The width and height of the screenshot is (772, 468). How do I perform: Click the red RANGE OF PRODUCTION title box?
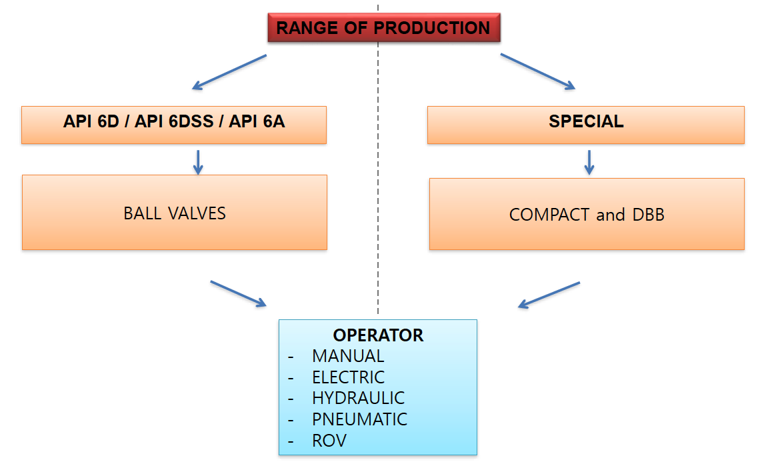tap(384, 27)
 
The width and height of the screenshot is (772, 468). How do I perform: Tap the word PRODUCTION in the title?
tap(432, 28)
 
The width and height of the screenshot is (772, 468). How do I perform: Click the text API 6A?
tap(257, 121)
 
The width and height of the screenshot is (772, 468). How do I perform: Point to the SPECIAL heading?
tap(586, 121)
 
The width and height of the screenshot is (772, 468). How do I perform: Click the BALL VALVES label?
tap(174, 213)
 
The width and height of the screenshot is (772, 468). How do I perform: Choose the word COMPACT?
tap(549, 215)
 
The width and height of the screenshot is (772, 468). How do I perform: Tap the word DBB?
tap(649, 215)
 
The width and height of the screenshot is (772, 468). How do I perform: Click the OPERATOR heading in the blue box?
tap(378, 335)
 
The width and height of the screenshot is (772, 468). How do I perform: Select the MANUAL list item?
tap(348, 356)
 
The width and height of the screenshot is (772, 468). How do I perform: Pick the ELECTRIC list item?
tap(348, 377)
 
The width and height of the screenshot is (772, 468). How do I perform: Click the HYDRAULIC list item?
tap(358, 397)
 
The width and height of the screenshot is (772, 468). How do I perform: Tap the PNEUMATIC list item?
tap(359, 419)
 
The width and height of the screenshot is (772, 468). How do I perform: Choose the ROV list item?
tap(329, 441)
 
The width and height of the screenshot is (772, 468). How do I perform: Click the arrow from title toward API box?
tap(229, 72)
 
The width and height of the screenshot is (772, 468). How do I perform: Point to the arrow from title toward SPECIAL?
tap(537, 71)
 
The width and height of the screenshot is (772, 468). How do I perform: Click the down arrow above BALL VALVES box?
tap(198, 163)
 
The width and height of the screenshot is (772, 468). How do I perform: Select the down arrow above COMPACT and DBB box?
tap(589, 163)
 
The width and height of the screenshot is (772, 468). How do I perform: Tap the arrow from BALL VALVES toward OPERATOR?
tap(238, 294)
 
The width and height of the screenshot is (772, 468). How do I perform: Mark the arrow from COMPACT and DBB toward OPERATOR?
tap(549, 295)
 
